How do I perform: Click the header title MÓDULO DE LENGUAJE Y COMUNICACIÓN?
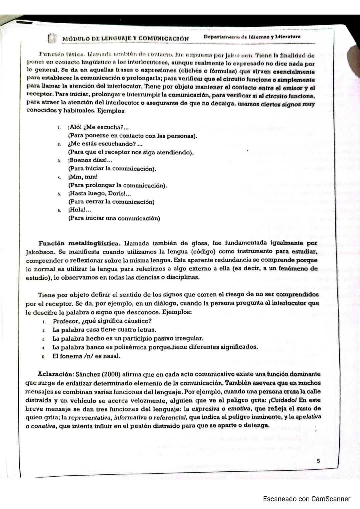(125, 39)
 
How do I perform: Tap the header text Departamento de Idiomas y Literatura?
(252, 37)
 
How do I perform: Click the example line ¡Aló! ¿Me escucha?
(98, 127)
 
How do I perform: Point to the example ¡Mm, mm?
(83, 177)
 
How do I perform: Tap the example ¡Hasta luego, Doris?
(99, 194)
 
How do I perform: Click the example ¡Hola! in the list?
(80, 210)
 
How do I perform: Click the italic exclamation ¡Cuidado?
(284, 400)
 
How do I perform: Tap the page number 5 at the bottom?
(318, 461)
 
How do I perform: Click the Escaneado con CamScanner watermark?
(306, 499)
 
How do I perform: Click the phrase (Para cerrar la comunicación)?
(111, 202)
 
